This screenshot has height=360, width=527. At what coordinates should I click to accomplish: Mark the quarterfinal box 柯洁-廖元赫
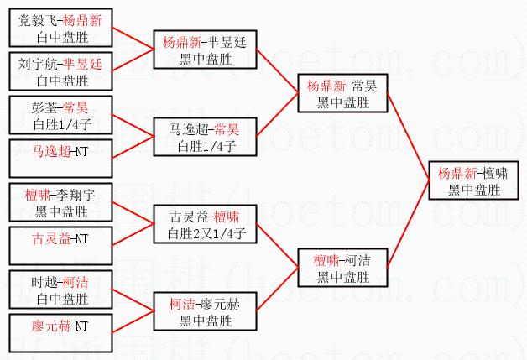pos(204,311)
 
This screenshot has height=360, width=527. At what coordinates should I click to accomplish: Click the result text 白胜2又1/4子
pos(205,232)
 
